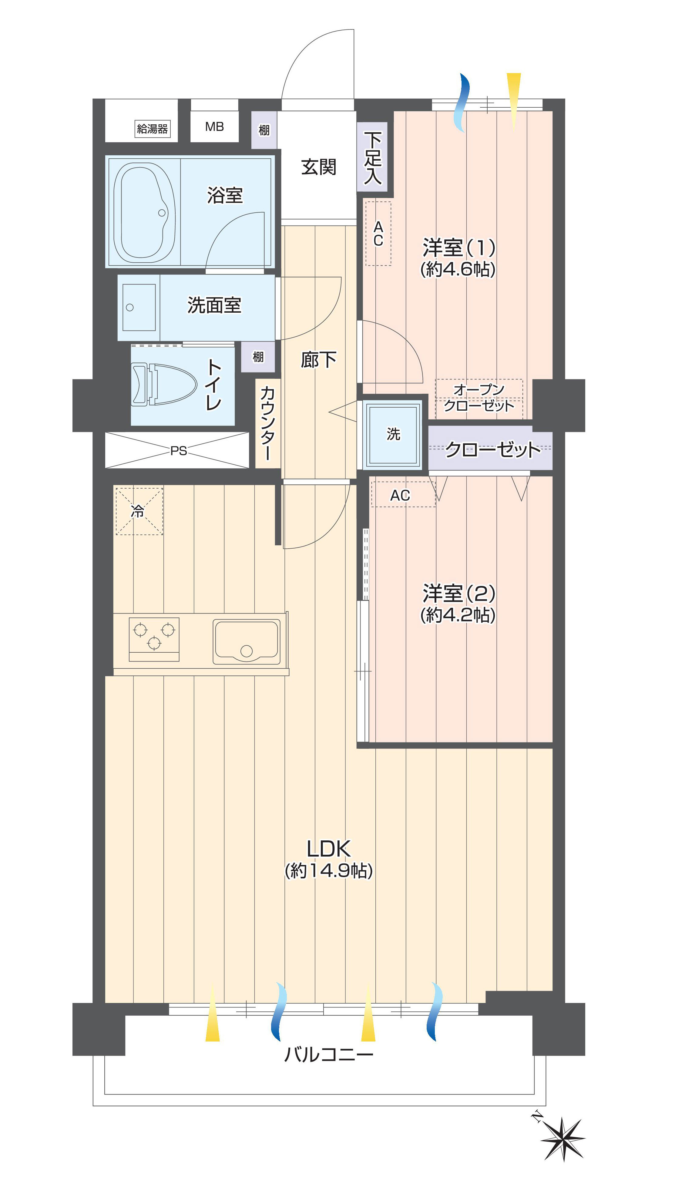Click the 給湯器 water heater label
[x=152, y=128]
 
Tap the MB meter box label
[x=215, y=126]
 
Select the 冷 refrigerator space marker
[x=139, y=511]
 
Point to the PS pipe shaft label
[x=179, y=451]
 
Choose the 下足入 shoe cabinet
[x=372, y=157]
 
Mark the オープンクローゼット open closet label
[x=479, y=398]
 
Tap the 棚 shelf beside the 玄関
[x=264, y=130]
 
